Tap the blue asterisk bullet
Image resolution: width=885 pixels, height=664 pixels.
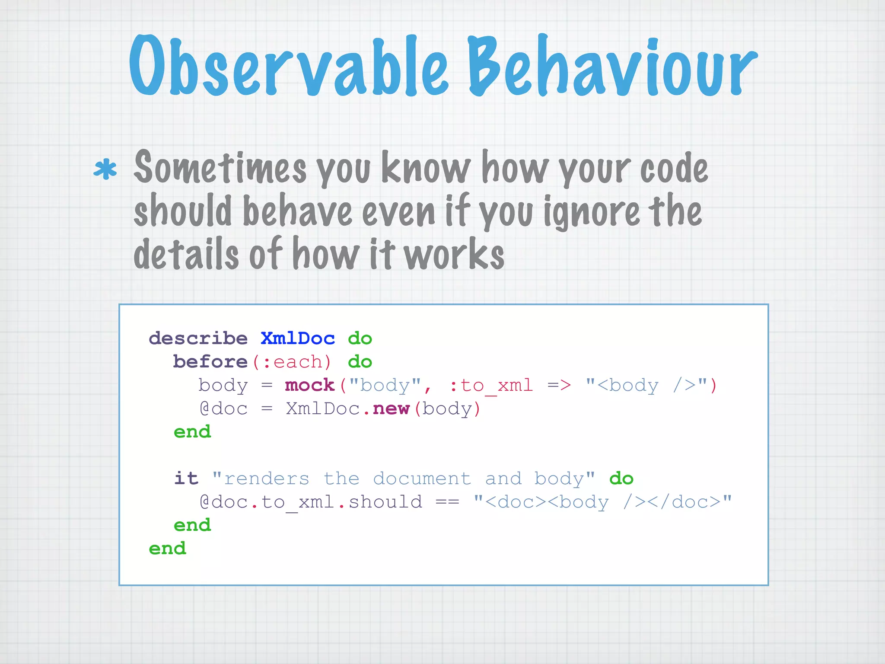coord(105,169)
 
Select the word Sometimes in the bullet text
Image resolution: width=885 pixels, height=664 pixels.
coord(220,168)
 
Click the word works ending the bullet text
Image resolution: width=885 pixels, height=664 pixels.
coord(454,254)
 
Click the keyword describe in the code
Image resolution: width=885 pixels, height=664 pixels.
coord(198,338)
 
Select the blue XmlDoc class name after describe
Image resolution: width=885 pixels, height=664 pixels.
coord(298,338)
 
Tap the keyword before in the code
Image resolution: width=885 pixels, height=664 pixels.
coord(210,362)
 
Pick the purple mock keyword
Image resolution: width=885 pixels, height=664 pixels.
coord(309,385)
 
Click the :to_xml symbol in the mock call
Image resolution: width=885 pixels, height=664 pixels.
coord(491,385)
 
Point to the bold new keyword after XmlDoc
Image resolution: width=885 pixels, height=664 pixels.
coord(391,409)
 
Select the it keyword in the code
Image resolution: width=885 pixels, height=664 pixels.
coord(186,479)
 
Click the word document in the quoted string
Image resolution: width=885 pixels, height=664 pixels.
coord(422,479)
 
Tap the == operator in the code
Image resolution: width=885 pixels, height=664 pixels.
coord(447,502)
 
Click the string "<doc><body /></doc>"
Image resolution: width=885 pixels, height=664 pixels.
coord(602,502)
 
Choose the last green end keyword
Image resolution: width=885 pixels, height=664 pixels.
coord(167,549)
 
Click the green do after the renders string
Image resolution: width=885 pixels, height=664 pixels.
coord(621,479)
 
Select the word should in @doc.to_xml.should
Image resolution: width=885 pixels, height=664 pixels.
coord(385,502)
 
